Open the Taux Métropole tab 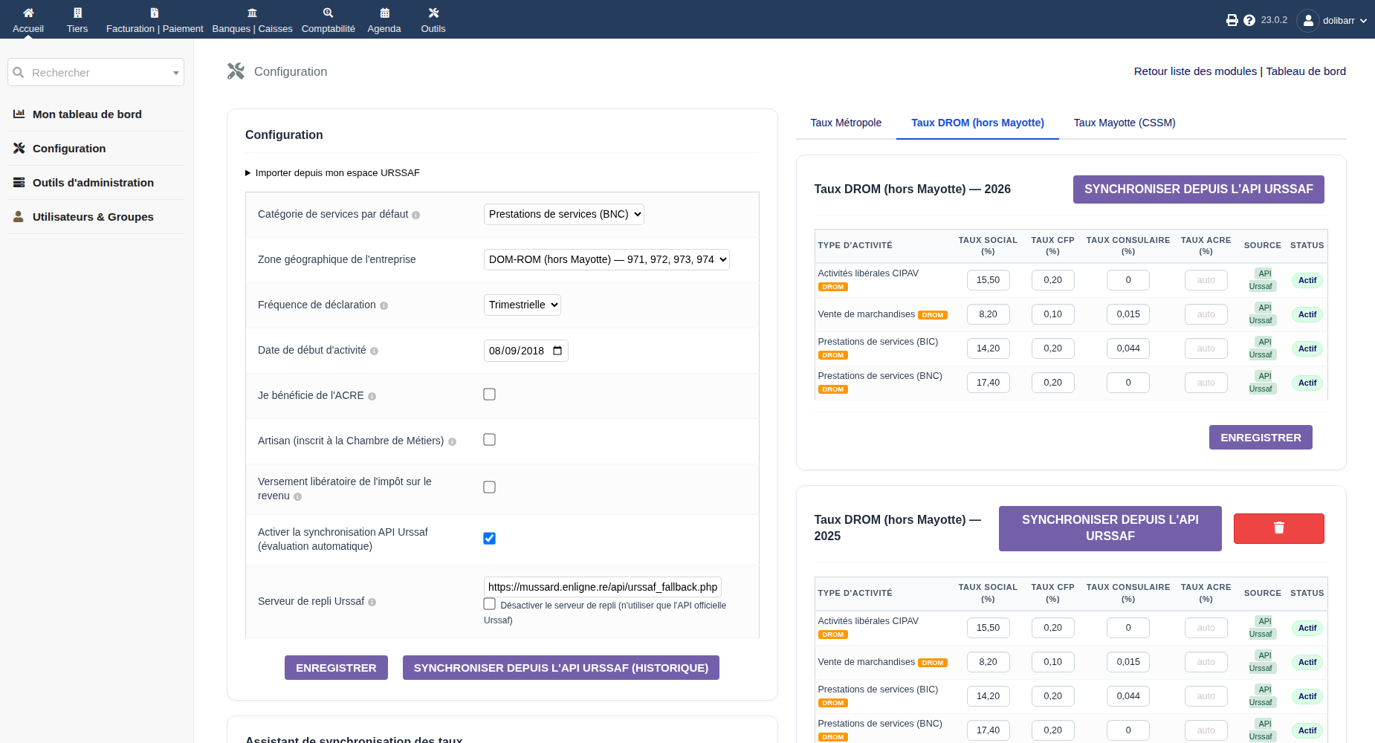click(846, 123)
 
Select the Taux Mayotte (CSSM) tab click(1125, 123)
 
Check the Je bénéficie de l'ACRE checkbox click(489, 395)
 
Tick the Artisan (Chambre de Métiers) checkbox click(489, 440)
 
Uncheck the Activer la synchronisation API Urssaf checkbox click(489, 538)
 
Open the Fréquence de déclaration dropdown click(522, 305)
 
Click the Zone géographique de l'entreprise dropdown click(606, 259)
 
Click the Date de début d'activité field click(526, 351)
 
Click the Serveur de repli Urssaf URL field click(603, 587)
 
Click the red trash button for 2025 click(1278, 528)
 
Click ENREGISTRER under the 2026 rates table click(1261, 438)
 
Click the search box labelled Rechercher click(96, 72)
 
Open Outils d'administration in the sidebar click(93, 183)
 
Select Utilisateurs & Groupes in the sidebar click(93, 217)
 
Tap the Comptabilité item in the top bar click(329, 20)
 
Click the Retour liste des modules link click(1195, 71)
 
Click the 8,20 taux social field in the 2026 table click(988, 314)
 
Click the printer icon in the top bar click(1232, 20)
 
